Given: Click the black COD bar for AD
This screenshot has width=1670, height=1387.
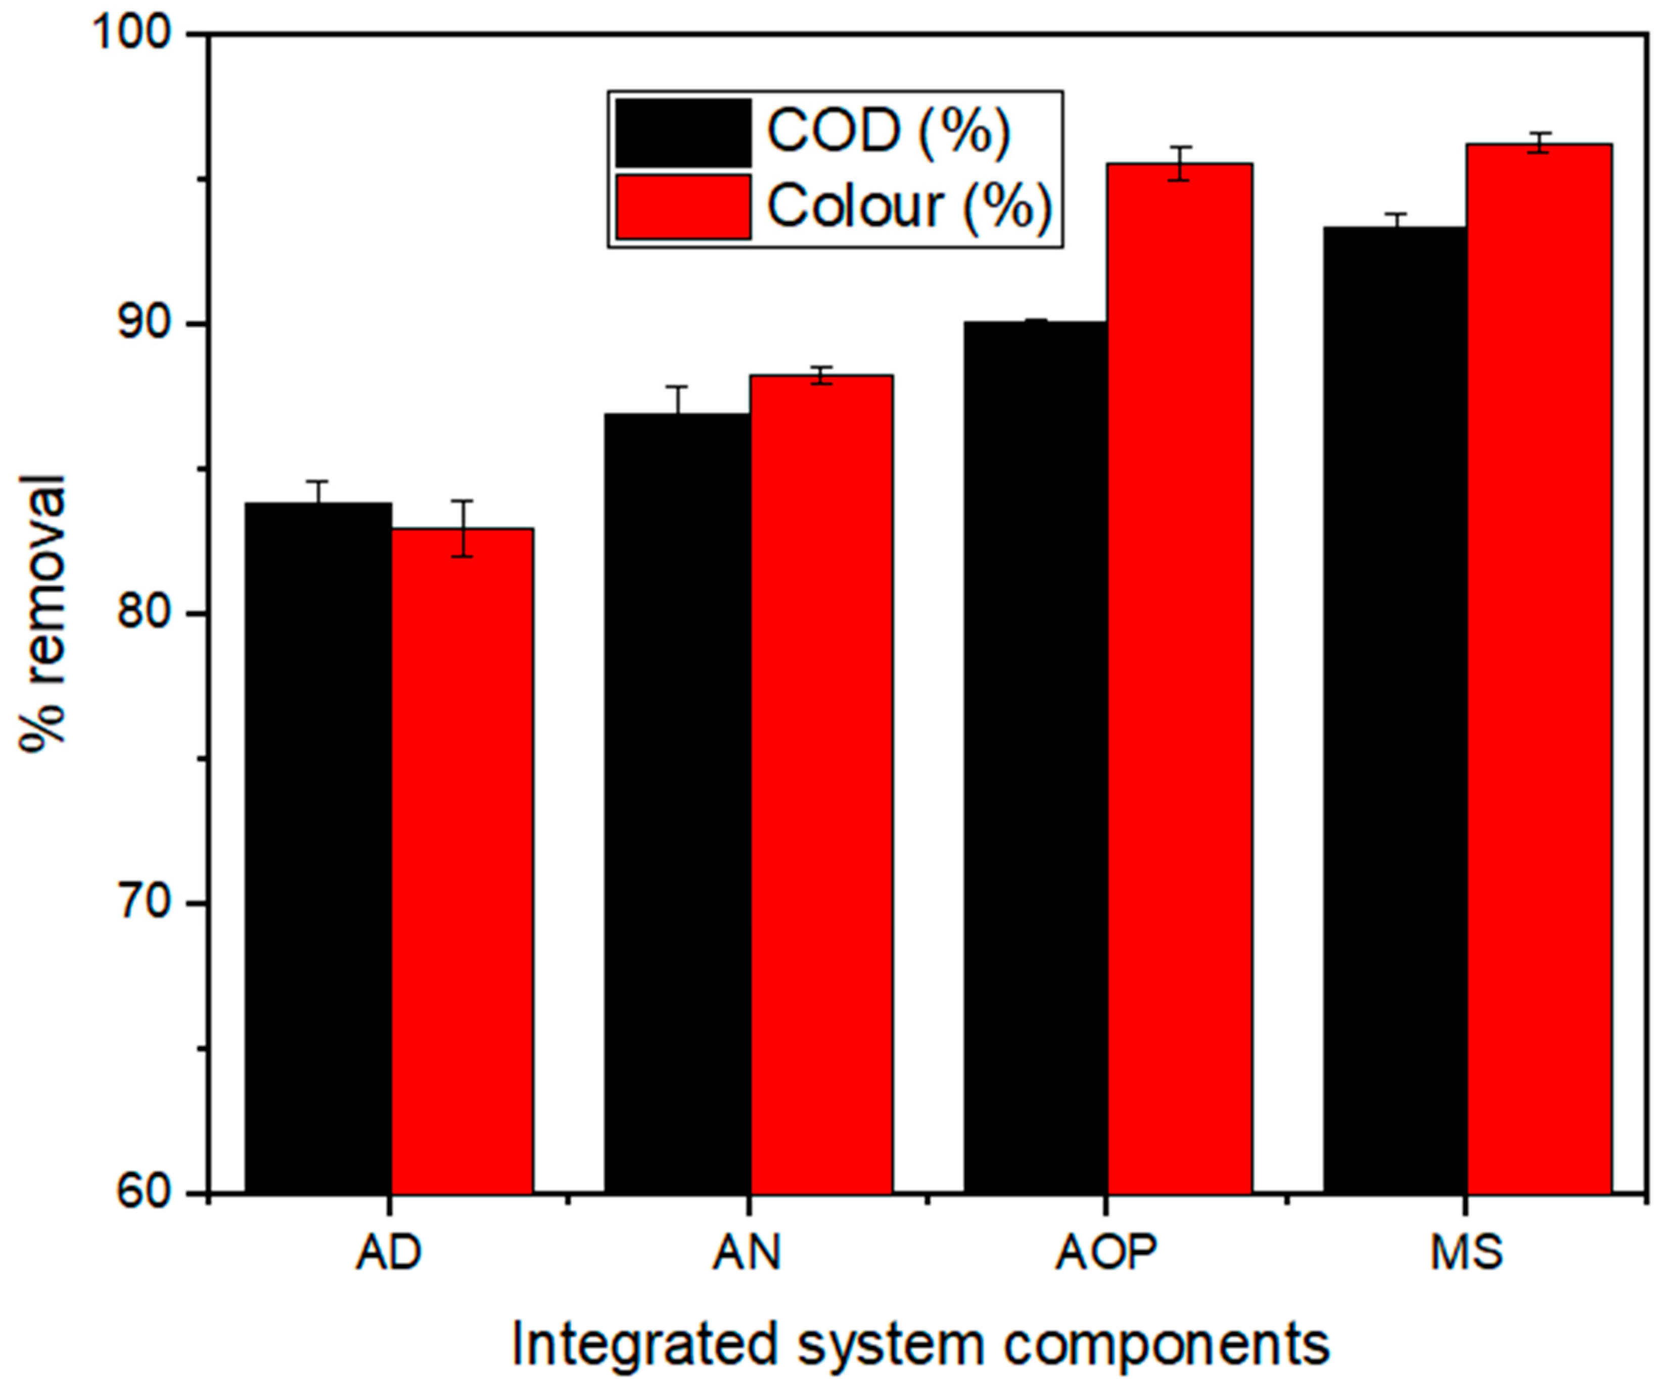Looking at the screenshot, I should tap(317, 847).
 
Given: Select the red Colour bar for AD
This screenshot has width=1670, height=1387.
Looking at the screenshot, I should tap(462, 859).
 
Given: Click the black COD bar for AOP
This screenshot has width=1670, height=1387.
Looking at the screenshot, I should tap(1035, 756).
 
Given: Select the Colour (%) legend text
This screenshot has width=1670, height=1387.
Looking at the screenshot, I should tap(909, 206).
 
